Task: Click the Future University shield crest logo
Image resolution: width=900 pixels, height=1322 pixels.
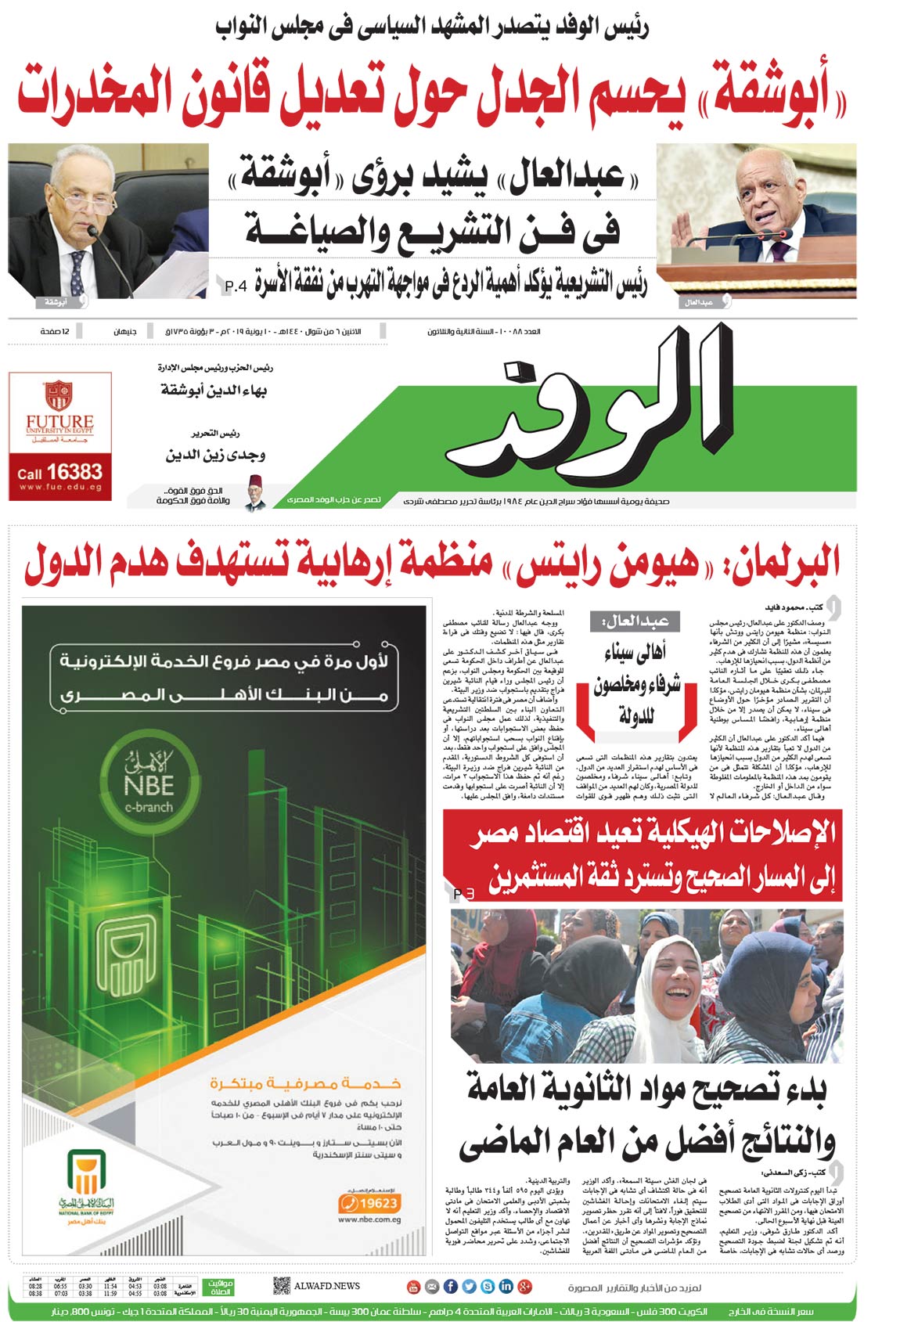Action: pos(58,395)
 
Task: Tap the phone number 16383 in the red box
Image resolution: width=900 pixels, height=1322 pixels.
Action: pos(74,472)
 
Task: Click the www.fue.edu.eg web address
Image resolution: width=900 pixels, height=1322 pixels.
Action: pos(60,487)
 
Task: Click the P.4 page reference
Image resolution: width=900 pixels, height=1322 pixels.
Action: pos(236,286)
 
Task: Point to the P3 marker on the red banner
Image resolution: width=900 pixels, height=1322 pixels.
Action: pos(464,893)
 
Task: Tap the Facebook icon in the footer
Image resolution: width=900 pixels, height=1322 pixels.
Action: pos(451,1286)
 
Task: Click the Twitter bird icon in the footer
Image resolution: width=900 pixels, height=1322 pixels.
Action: pos(469,1286)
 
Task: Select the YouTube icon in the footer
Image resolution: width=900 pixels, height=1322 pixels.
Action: pos(413,1286)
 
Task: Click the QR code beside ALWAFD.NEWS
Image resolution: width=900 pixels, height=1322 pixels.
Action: pos(282,1285)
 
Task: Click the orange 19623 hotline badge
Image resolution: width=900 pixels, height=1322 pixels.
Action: pos(370,1203)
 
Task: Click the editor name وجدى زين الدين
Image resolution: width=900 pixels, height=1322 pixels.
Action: pos(215,455)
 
